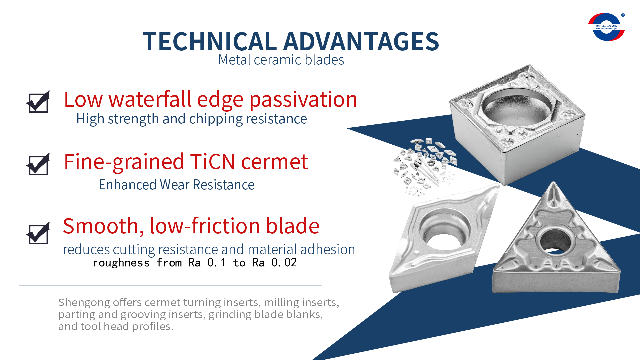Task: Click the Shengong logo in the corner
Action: coord(606,27)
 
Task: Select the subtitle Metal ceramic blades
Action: coord(281,60)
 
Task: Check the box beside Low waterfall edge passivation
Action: coord(38,102)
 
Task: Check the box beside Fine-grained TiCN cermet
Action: coord(38,164)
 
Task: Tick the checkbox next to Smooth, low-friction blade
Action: coord(38,233)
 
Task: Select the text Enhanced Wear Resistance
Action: coord(176,185)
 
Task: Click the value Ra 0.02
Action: coord(274,263)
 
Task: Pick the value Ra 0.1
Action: coord(207,263)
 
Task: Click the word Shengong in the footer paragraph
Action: coord(84,303)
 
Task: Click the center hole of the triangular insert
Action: coord(555,241)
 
